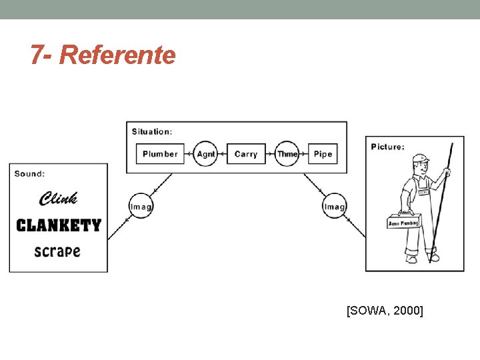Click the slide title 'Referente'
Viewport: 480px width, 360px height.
(117, 55)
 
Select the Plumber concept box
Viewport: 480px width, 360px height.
(160, 154)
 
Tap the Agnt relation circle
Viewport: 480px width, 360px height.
(206, 154)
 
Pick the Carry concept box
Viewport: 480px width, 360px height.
(246, 154)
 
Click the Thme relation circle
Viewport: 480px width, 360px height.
(287, 154)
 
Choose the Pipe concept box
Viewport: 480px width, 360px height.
(323, 154)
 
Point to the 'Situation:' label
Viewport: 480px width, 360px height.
(152, 131)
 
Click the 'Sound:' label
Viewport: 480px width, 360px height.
(30, 174)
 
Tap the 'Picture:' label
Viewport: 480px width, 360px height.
(387, 147)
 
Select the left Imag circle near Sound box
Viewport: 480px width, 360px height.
(141, 207)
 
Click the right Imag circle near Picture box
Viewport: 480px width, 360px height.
(334, 207)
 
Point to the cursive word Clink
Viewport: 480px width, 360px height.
(59, 198)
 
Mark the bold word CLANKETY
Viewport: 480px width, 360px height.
(59, 225)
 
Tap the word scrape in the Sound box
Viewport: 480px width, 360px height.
(57, 251)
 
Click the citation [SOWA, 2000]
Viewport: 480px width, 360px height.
(385, 310)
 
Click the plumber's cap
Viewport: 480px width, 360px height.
(419, 159)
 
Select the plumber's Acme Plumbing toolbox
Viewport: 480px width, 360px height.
(403, 221)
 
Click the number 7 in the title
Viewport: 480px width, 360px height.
(37, 55)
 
